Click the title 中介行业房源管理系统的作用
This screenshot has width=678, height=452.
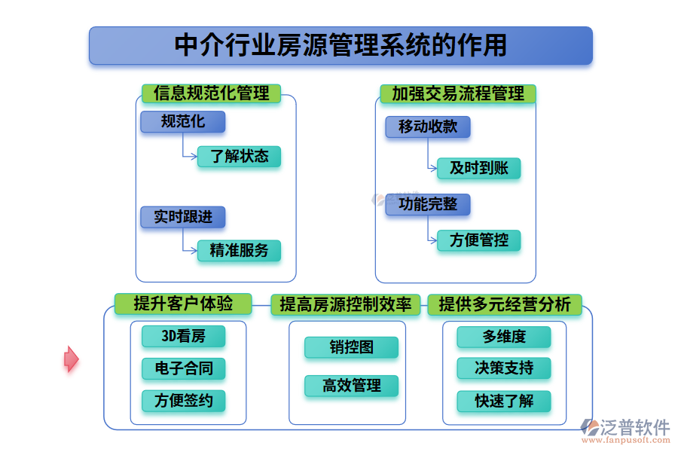tap(341, 45)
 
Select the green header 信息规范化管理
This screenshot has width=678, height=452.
tap(211, 93)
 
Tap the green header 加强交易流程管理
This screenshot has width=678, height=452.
tap(458, 93)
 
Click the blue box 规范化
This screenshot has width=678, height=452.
tap(182, 121)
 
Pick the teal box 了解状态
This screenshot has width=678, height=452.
tap(239, 157)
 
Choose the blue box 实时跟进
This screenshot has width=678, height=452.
tap(182, 217)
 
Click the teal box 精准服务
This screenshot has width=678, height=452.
tap(239, 251)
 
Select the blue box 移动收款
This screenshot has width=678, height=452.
tap(427, 127)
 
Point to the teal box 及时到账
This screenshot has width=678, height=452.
tap(479, 168)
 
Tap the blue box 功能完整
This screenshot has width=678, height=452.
tap(427, 204)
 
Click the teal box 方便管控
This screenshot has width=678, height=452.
tap(479, 241)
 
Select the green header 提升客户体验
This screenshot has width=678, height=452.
tap(183, 304)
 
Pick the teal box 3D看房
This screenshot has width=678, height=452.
tap(183, 336)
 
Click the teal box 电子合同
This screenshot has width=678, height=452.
tap(183, 368)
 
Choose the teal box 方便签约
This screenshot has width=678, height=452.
tap(183, 401)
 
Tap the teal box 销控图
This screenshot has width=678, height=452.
tap(351, 347)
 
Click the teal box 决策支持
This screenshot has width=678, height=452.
tap(503, 368)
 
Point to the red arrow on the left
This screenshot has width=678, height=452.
tap(71, 359)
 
